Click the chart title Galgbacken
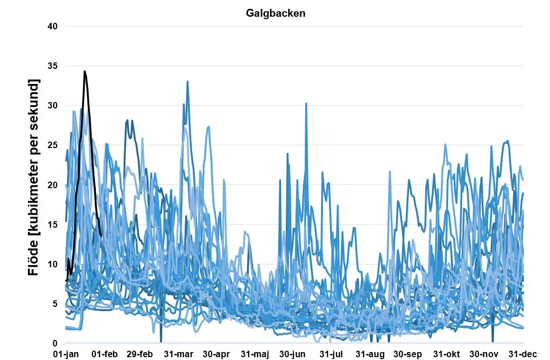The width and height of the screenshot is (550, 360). [275, 13]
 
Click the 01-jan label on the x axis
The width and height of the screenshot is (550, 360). [66, 353]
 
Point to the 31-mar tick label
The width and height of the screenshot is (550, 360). [179, 353]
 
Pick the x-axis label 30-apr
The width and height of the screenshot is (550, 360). [216, 353]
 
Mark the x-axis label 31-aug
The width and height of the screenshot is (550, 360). [370, 353]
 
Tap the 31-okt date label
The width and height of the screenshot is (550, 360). [446, 353]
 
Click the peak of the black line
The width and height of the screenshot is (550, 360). [85, 71]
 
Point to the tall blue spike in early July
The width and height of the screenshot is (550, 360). [306, 103]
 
